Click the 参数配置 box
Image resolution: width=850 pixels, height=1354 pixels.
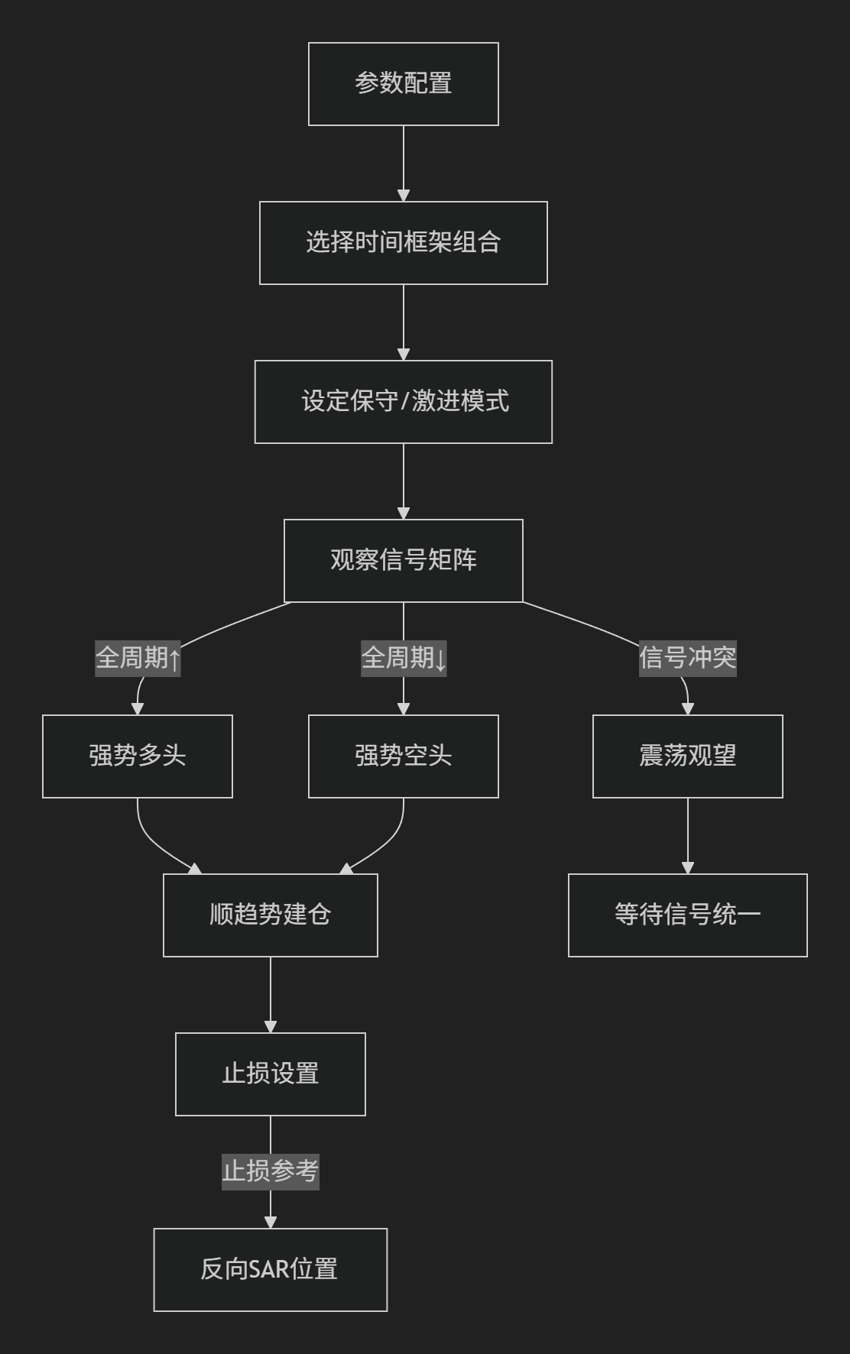pyautogui.click(x=404, y=84)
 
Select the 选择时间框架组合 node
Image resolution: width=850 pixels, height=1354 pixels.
pyautogui.click(x=404, y=243)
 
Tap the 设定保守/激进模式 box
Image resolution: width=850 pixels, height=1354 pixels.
pyautogui.click(x=404, y=402)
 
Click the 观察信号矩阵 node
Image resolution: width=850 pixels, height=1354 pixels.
pyautogui.click(x=404, y=561)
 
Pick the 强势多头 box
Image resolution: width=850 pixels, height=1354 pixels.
pyautogui.click(x=138, y=756)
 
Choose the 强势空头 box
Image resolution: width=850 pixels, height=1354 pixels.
pyautogui.click(x=404, y=756)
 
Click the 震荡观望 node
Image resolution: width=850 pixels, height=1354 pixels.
pyautogui.click(x=688, y=756)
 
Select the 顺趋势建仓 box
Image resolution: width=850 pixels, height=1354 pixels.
pyautogui.click(x=271, y=915)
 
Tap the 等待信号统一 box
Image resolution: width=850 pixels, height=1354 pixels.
pyautogui.click(x=688, y=915)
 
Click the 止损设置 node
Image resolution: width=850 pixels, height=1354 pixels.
pyautogui.click(x=271, y=1074)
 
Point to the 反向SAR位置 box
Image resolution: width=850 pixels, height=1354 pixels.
pyautogui.click(x=271, y=1270)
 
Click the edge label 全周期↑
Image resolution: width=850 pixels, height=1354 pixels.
pyautogui.click(x=138, y=658)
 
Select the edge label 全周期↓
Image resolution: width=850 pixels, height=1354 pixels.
pyautogui.click(x=404, y=658)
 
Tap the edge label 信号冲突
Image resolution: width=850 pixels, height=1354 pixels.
pyautogui.click(x=688, y=658)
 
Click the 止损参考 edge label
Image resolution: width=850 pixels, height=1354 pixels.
pyautogui.click(x=271, y=1171)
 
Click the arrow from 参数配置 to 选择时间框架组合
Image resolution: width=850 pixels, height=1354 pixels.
pyautogui.click(x=404, y=164)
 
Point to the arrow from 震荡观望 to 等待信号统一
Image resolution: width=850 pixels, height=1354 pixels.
pyautogui.click(x=688, y=836)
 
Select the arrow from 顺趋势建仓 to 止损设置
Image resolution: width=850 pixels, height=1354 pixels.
pyautogui.click(x=271, y=995)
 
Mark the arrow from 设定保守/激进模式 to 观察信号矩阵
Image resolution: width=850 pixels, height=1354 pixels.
pyautogui.click(x=404, y=481)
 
